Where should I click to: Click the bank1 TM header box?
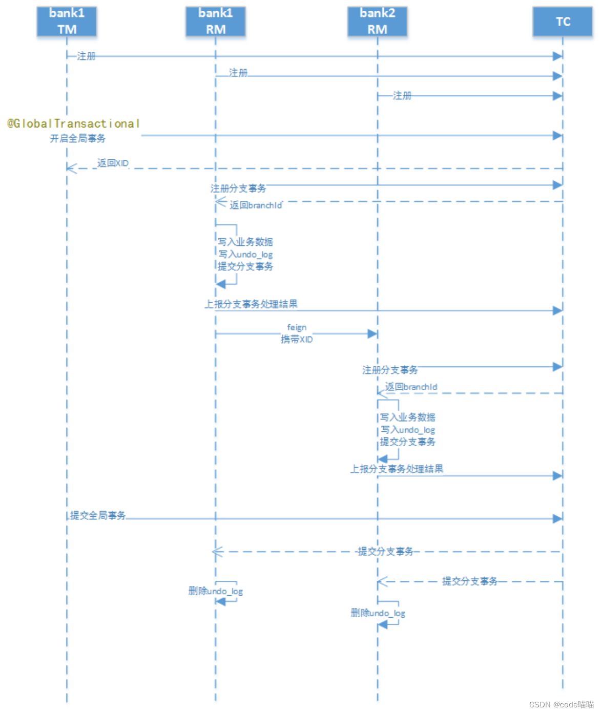pos(67,22)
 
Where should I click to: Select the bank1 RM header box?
pos(216,22)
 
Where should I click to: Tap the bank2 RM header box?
pos(378,22)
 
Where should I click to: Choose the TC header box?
pos(563,22)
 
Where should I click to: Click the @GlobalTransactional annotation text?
pos(73,123)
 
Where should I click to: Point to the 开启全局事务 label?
pos(78,138)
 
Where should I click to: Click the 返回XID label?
pos(113,163)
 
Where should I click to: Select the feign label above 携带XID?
pos(297,327)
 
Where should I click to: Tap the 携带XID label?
pos(297,339)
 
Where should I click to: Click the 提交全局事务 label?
pos(98,515)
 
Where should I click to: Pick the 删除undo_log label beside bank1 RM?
pos(216,591)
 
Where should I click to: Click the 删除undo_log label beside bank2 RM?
pos(378,613)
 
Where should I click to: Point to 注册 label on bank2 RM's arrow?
pos(402,96)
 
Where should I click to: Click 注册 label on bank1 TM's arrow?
pos(86,56)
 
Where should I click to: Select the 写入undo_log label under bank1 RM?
pos(245,255)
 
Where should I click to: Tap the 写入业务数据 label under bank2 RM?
pos(408,417)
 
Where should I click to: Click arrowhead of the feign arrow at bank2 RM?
pos(373,334)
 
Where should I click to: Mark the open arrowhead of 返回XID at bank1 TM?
pos(71,169)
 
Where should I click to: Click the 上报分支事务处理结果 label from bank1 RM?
pos(251,304)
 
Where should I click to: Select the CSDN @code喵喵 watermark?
pos(561,704)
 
